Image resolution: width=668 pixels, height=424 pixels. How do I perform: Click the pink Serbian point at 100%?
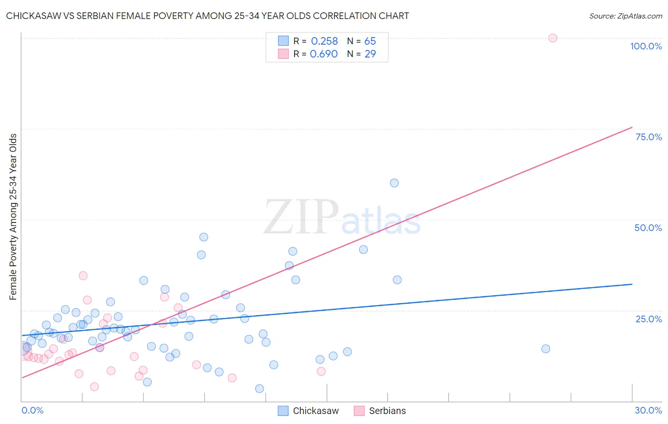tap(553, 38)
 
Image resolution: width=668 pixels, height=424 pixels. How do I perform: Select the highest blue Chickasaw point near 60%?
tap(394, 183)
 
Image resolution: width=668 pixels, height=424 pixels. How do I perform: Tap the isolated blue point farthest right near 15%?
tap(545, 349)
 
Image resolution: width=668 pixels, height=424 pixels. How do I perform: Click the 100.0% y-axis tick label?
tap(646, 46)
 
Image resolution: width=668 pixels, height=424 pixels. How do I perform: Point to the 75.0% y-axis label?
tap(649, 137)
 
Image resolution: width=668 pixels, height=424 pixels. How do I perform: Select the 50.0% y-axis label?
tap(648, 228)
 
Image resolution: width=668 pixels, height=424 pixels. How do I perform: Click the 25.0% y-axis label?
tap(649, 319)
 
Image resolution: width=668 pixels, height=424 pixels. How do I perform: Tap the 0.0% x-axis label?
tap(32, 410)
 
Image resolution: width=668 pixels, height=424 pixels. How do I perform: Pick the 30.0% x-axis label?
tap(648, 410)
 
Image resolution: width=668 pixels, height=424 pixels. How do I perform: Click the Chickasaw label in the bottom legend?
tap(316, 411)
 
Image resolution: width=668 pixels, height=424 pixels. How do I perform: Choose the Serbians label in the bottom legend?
tap(387, 411)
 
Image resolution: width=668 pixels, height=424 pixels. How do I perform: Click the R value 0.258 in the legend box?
tap(324, 41)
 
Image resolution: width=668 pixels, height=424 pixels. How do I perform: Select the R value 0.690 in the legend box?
tap(324, 54)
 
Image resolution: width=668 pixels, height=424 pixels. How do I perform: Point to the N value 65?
tap(370, 41)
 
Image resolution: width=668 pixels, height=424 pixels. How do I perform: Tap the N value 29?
tap(370, 54)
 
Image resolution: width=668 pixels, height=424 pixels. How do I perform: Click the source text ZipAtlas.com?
tap(626, 16)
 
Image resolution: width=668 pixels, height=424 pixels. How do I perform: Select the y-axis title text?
tap(13, 217)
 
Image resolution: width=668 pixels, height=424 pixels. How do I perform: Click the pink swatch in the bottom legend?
tap(359, 411)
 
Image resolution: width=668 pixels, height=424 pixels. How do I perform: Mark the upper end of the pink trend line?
tap(632, 127)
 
